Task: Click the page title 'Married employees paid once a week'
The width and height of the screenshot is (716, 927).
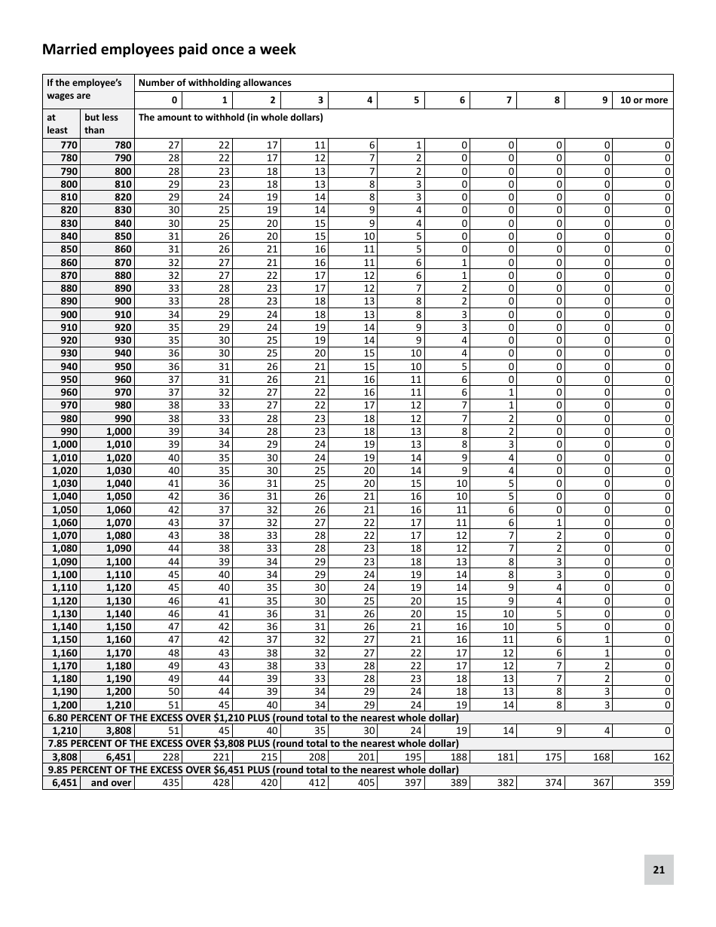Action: [x=169, y=50]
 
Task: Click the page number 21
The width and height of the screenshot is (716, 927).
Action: [x=658, y=870]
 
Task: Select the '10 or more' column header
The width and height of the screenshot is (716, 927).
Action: [x=643, y=100]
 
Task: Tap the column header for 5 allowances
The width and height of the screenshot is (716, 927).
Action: [x=416, y=100]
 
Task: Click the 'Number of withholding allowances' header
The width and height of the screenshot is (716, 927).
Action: [x=213, y=83]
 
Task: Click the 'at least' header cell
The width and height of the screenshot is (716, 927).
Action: [x=58, y=124]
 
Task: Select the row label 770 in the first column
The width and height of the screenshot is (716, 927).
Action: [x=69, y=145]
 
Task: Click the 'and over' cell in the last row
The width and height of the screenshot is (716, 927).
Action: [x=111, y=783]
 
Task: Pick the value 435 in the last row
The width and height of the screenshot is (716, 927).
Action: [x=171, y=783]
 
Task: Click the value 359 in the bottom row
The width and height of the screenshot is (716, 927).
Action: [x=661, y=783]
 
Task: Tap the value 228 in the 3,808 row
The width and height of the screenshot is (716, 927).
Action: [x=171, y=757]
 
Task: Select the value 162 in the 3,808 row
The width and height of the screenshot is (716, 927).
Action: [x=661, y=757]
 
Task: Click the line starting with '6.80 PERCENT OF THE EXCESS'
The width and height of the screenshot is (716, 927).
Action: [x=252, y=717]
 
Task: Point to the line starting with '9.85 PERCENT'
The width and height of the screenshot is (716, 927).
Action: [x=252, y=769]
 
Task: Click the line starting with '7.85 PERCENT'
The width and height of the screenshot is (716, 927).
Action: [x=252, y=744]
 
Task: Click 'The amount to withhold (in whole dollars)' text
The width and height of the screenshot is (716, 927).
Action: [x=231, y=117]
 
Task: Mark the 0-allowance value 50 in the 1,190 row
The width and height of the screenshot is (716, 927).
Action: [x=173, y=692]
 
